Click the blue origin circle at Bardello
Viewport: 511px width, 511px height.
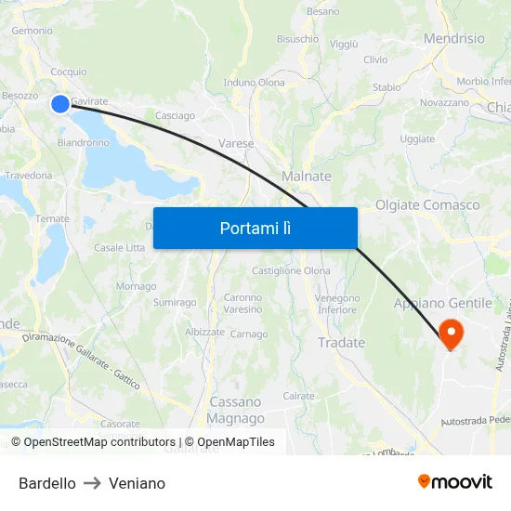[60, 103]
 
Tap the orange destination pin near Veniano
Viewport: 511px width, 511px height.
[452, 333]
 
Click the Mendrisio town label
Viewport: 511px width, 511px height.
[453, 39]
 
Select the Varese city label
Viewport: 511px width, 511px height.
[236, 143]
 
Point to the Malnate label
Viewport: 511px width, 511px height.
[306, 176]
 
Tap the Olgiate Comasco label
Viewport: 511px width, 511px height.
[427, 204]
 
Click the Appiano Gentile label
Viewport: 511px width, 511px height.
[442, 303]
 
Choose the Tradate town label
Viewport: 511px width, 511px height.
[341, 343]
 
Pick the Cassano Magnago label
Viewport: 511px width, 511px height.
[236, 410]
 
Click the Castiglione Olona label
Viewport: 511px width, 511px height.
[291, 270]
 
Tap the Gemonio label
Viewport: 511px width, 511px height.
[32, 31]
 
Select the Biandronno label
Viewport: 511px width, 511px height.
[84, 143]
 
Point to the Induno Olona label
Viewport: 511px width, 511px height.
[255, 83]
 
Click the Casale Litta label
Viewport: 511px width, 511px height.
[120, 248]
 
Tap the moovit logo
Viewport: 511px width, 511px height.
[455, 481]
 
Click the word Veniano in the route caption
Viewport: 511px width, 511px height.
[137, 483]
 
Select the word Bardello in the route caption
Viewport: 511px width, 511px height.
[47, 483]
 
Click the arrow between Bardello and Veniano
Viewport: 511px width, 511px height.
[92, 483]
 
